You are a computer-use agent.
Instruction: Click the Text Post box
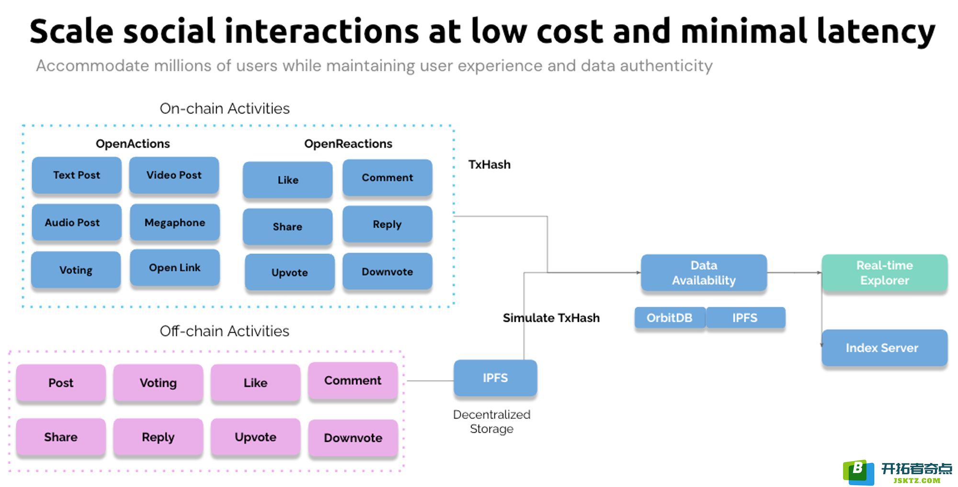[77, 175]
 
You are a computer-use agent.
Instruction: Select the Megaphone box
[175, 222]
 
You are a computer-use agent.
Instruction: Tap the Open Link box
[175, 267]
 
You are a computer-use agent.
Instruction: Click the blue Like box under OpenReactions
[288, 180]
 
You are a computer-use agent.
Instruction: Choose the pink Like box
[255, 383]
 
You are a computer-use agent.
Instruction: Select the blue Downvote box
[388, 272]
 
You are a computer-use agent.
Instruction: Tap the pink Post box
[61, 383]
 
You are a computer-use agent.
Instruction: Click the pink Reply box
[158, 437]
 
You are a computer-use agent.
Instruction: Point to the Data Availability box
[704, 273]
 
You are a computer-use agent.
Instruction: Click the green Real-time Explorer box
[885, 273]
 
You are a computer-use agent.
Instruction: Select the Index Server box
[885, 348]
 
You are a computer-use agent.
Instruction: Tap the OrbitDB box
[670, 318]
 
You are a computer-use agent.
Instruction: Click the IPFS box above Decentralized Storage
[495, 378]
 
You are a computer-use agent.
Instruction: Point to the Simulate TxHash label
[551, 318]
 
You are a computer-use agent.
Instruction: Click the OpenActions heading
[133, 144]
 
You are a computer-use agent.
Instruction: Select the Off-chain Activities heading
[224, 331]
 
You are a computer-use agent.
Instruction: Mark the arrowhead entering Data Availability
[639, 273]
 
